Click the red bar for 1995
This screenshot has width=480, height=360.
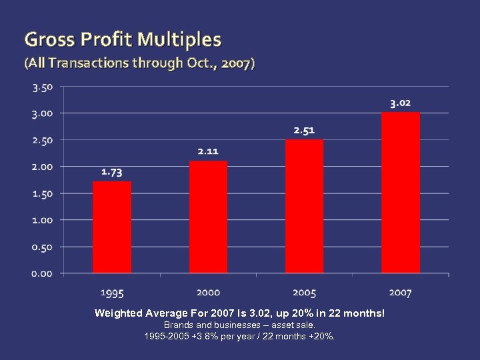click(x=112, y=227)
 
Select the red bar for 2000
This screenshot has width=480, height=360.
click(x=208, y=217)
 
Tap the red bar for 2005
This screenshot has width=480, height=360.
click(x=304, y=206)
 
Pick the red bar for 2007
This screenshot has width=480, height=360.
click(x=400, y=193)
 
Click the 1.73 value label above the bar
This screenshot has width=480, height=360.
click(x=111, y=172)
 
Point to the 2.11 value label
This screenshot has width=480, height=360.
click(x=207, y=151)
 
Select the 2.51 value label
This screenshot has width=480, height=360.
click(x=304, y=130)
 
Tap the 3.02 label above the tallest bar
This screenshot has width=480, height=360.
click(x=400, y=103)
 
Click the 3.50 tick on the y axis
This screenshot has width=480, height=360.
click(x=42, y=87)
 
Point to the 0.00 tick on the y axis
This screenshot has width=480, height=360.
click(x=42, y=273)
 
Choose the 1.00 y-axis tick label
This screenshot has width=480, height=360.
click(x=42, y=220)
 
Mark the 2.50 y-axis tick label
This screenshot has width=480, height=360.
click(x=42, y=140)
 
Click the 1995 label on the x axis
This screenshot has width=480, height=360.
click(x=112, y=292)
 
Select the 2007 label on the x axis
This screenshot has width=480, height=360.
click(x=400, y=292)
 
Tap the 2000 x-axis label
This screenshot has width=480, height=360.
click(x=208, y=292)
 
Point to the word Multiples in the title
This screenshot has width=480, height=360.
click(x=179, y=40)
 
